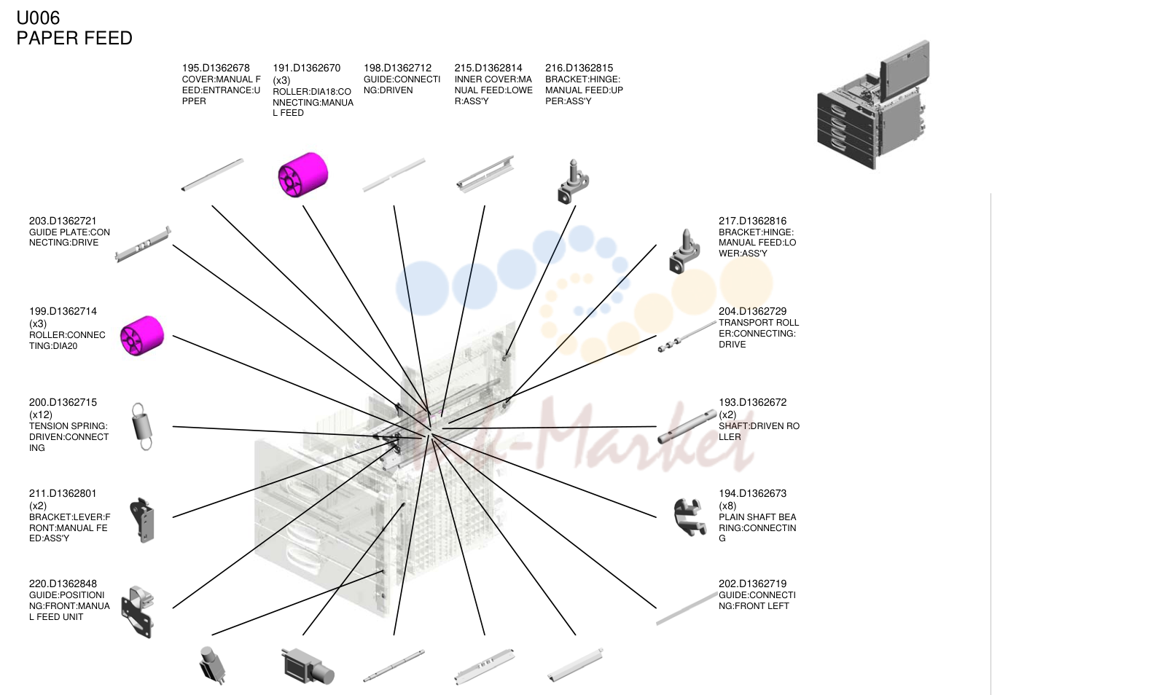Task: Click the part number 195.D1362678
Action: coord(216,68)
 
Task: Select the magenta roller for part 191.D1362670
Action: coord(303,175)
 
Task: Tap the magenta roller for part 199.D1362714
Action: coord(142,336)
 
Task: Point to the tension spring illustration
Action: coord(142,426)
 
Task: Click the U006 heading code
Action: coord(38,17)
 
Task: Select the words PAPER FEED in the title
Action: coord(74,38)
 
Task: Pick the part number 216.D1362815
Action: coord(579,68)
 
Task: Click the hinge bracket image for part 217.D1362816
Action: coord(684,251)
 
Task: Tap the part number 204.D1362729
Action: coord(752,311)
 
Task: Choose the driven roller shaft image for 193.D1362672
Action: coord(687,427)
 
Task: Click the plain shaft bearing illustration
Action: coord(688,517)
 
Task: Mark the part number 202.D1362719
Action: coord(752,584)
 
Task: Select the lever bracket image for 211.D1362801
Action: coord(142,520)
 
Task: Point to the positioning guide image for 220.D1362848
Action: coord(138,612)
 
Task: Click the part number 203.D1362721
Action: coord(63,221)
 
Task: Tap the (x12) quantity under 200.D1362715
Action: coord(41,415)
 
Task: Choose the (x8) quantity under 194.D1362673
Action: coord(727,506)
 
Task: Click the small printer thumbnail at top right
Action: coord(873,105)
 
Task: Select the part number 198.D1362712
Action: coord(397,68)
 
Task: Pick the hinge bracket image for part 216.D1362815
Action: coord(573,181)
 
